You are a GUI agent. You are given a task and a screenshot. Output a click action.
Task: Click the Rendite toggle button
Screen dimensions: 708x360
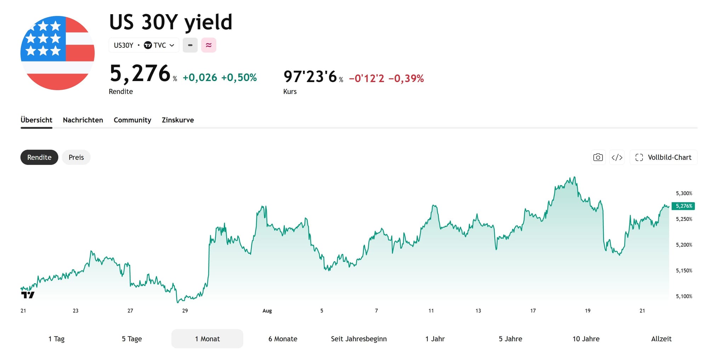point(39,157)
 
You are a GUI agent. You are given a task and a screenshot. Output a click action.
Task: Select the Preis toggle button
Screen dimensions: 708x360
point(76,157)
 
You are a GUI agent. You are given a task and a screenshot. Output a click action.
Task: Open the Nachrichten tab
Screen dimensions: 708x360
point(83,120)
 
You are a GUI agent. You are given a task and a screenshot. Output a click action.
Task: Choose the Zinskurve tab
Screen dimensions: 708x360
point(178,120)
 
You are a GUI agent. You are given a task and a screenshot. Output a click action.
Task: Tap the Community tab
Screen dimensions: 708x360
point(132,120)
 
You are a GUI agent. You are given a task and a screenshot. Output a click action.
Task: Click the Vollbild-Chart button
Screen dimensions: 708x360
point(663,157)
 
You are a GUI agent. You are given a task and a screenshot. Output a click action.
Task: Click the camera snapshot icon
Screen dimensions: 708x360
point(598,157)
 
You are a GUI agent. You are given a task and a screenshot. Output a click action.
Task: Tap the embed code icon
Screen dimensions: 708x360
point(617,157)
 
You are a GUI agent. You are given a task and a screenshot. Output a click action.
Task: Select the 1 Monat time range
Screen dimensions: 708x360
point(207,339)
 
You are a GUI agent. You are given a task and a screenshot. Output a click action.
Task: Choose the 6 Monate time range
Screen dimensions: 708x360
point(283,339)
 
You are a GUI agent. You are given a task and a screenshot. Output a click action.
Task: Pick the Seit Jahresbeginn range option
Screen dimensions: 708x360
point(359,339)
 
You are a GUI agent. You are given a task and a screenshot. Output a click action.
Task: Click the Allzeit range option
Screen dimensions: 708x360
point(661,339)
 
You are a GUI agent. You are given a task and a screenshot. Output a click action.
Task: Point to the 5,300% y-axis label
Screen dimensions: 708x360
point(684,193)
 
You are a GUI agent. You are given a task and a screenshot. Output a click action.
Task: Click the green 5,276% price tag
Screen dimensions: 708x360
point(684,206)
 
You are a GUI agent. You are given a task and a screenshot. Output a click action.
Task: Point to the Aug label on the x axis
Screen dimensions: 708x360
point(267,311)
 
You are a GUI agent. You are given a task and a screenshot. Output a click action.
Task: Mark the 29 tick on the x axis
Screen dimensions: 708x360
point(185,311)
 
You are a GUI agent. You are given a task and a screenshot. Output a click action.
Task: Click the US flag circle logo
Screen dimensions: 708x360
point(58,53)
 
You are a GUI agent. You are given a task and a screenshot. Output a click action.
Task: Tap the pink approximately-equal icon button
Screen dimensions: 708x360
point(209,45)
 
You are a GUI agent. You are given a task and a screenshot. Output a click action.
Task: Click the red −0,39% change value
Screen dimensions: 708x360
point(406,78)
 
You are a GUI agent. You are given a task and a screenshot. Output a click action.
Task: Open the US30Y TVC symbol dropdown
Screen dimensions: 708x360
point(144,45)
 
